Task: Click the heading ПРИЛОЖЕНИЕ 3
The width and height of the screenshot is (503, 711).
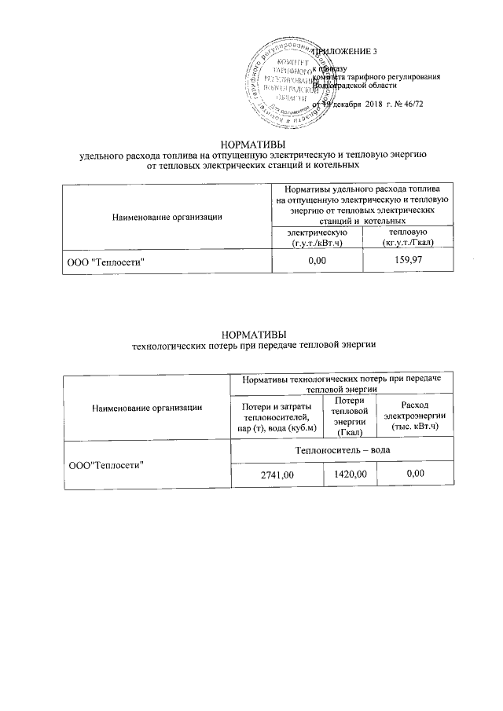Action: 347,52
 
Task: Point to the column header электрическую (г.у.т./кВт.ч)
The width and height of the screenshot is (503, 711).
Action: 317,236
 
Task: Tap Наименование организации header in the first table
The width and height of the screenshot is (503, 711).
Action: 167,216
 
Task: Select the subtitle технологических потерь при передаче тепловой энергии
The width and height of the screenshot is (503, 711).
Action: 252,345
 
